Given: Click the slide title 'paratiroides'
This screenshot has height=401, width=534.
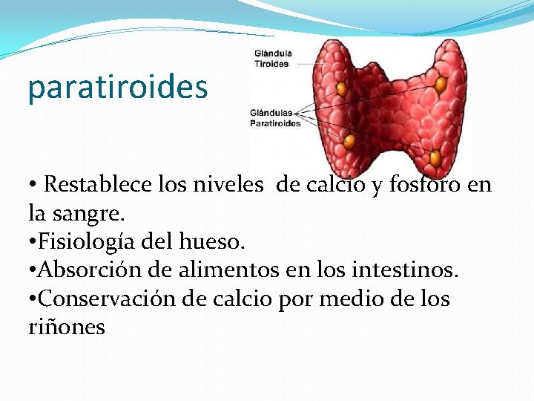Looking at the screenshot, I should [117, 88].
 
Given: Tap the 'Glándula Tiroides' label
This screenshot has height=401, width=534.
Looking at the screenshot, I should [272, 59].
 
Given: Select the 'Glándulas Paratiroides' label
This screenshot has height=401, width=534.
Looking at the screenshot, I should [275, 118].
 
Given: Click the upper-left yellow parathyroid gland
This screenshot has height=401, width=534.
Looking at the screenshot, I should [342, 89].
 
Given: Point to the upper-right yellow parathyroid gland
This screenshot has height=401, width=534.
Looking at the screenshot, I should [441, 85].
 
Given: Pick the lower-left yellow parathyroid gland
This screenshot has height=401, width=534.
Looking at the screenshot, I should [350, 140].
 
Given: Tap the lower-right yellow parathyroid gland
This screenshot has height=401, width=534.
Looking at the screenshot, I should [435, 157].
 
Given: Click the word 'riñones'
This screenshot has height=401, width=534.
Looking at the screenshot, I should [67, 327].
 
